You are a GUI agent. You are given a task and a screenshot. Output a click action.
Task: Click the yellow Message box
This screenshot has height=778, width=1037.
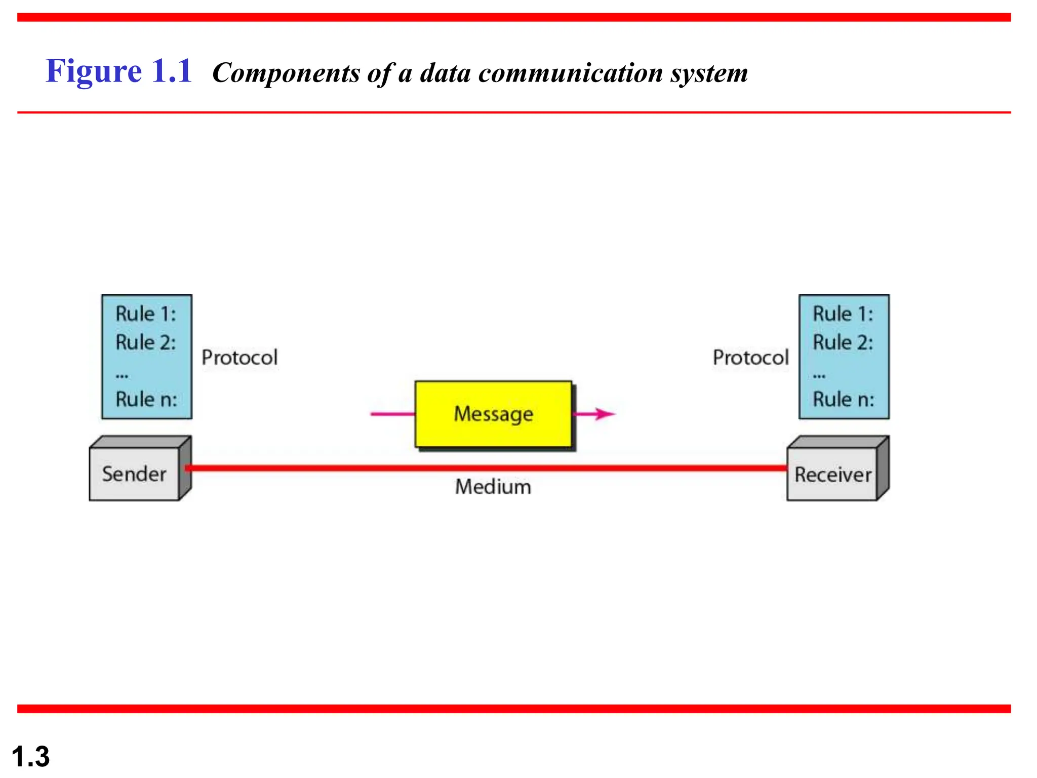point(493,414)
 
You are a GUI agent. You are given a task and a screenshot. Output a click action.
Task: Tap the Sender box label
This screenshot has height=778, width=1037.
point(134,474)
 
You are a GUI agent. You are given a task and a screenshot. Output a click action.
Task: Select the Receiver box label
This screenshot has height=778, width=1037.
point(833,475)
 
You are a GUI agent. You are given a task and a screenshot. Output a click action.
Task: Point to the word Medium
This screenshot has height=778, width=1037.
point(493,487)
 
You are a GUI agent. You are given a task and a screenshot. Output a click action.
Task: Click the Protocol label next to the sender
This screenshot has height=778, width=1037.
point(240,358)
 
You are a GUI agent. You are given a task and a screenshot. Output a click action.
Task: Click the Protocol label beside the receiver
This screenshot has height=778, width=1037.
point(750,358)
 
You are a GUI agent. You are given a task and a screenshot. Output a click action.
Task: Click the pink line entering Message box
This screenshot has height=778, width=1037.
point(392,414)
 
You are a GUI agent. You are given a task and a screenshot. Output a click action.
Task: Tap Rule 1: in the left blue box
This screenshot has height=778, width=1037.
point(146,314)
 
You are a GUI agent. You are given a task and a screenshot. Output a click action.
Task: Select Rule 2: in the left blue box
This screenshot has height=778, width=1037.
point(146,342)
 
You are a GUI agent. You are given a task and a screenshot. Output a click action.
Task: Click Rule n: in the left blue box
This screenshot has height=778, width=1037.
point(146,399)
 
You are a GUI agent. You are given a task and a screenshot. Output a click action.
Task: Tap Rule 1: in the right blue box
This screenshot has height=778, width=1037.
point(843,314)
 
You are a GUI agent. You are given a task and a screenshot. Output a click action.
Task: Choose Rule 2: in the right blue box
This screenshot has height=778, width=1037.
point(843,342)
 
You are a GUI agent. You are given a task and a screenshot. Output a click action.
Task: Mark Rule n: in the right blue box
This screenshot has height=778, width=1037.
point(844,399)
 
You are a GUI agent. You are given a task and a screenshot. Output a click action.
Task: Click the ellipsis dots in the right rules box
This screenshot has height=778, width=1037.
point(819,376)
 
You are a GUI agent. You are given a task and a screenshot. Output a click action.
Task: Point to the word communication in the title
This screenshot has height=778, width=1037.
point(571,73)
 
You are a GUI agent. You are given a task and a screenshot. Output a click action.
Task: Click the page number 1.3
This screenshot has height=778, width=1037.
point(30,756)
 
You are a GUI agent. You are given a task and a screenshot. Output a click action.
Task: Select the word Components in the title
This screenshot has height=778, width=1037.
point(286,73)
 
